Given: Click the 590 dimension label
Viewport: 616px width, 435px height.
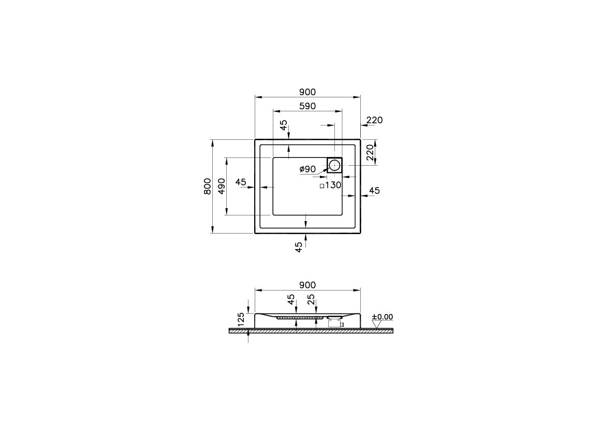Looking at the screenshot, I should click(x=307, y=106).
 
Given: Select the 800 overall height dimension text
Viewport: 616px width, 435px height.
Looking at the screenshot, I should click(x=207, y=186).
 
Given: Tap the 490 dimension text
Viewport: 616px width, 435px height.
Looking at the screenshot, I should click(x=221, y=186).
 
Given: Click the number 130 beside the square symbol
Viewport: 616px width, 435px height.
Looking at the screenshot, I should click(x=333, y=185).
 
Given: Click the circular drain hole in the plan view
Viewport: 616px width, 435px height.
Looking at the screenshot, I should click(x=334, y=166).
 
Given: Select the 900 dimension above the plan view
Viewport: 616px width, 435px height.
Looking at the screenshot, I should click(x=307, y=92).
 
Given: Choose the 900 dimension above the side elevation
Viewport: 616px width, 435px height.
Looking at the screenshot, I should click(x=307, y=285).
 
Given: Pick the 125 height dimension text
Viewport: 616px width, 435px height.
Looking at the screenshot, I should click(x=241, y=319).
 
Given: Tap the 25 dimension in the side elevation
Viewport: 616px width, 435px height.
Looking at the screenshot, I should click(x=311, y=299).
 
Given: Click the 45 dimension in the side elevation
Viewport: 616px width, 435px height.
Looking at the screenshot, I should click(x=291, y=299).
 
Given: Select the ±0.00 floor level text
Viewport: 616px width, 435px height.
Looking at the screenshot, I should click(x=383, y=316).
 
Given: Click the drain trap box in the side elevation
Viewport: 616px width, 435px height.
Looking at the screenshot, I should click(x=334, y=323).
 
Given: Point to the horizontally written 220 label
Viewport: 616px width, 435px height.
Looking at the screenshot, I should click(x=374, y=120).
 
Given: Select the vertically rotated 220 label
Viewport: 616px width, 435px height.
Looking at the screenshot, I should click(x=370, y=153).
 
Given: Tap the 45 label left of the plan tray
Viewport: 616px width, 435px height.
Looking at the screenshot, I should click(x=241, y=182).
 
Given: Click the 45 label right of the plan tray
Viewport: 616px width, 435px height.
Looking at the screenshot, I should click(x=374, y=191).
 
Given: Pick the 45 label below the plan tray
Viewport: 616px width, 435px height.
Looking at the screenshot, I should click(x=299, y=247).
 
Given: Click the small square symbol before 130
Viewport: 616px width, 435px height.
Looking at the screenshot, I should click(x=321, y=185).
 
